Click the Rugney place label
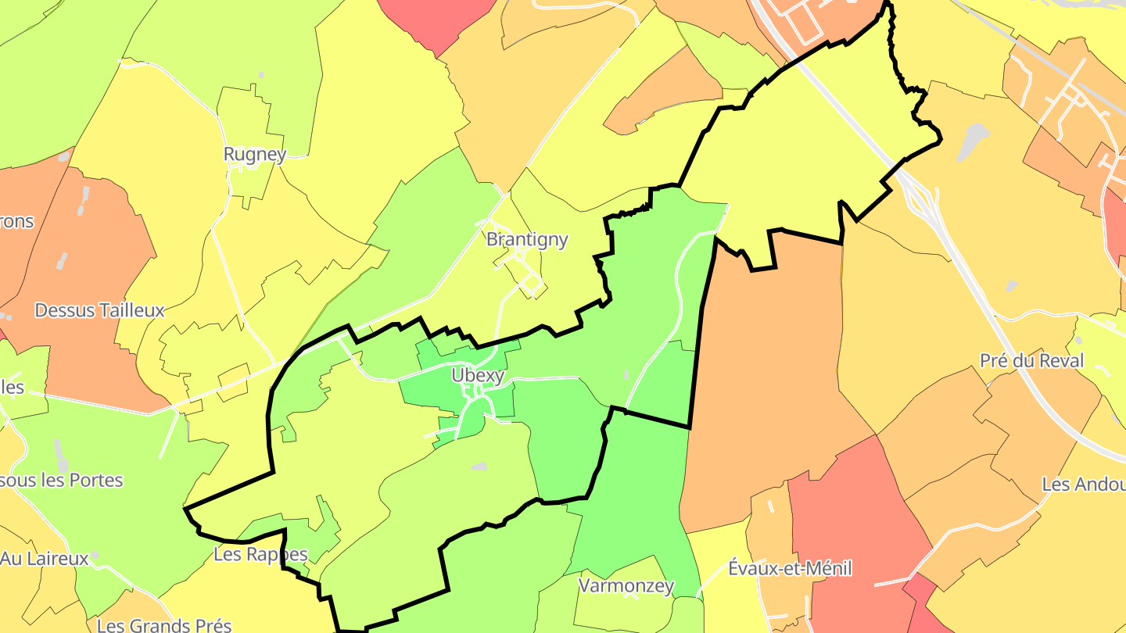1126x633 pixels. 255,154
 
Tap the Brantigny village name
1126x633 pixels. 527,239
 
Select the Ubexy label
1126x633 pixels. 478,375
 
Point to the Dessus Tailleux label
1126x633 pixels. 99,310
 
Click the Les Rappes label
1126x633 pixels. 260,554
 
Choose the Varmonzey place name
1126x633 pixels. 626,585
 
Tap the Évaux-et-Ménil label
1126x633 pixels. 789,568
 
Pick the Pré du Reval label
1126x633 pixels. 1031,360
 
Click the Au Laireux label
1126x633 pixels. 45,559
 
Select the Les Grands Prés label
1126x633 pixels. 164,625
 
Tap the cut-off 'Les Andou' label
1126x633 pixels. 1083,484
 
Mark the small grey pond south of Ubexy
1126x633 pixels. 479,467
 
